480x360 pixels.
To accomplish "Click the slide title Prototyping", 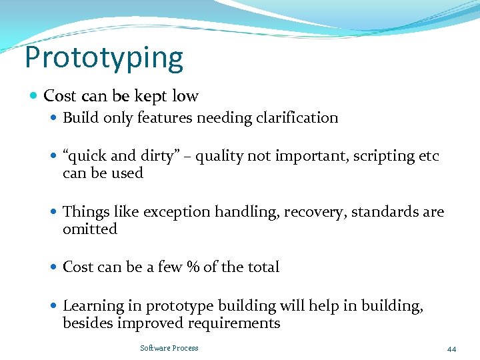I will click(103, 58).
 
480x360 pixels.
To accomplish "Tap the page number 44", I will click(451, 349).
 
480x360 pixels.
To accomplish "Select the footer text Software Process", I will click(169, 348).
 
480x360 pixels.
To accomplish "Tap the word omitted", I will click(89, 229).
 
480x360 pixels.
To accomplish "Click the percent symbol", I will click(193, 267).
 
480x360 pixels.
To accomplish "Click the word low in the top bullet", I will click(185, 96).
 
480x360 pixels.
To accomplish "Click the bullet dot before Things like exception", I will click(54, 213).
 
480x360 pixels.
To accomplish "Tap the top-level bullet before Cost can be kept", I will click(34, 97).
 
